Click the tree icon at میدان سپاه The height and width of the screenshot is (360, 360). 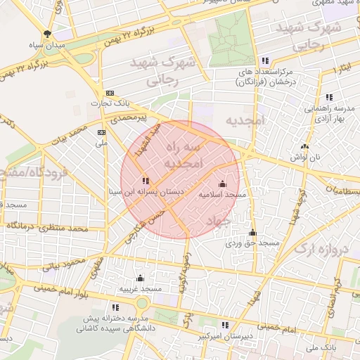[47, 33]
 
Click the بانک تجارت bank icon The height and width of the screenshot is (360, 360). [110, 94]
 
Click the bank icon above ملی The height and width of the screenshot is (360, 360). [102, 131]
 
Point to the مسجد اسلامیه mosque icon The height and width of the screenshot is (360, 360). [223, 183]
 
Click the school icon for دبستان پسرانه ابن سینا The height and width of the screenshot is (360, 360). [146, 181]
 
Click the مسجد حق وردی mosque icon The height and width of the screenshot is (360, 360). [252, 233]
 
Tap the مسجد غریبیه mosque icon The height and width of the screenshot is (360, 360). [140, 278]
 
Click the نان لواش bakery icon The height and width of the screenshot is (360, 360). [304, 146]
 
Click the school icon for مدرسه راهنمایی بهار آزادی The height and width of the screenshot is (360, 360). [328, 98]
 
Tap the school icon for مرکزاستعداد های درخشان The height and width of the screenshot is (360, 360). [265, 61]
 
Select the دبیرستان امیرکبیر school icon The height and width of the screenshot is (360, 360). [225, 325]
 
